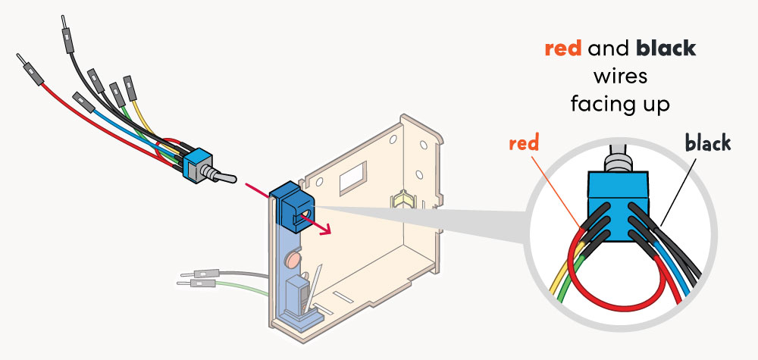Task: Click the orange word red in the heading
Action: click(x=563, y=49)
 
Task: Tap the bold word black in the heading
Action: click(x=666, y=49)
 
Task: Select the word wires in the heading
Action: click(x=621, y=76)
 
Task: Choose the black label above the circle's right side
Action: click(x=707, y=143)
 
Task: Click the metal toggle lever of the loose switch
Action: click(x=218, y=179)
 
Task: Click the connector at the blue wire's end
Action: click(x=80, y=99)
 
